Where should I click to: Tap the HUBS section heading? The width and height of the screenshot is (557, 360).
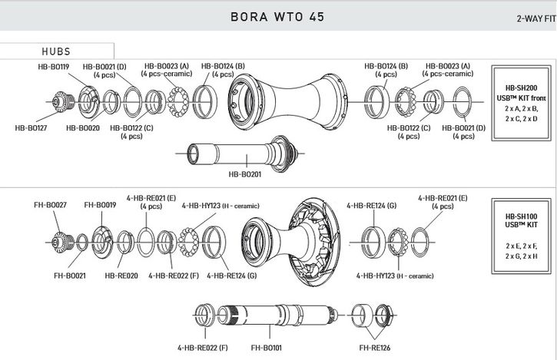tap(56, 51)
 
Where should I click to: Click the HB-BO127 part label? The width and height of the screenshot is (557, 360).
tap(31, 127)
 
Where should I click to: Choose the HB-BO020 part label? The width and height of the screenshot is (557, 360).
tap(84, 127)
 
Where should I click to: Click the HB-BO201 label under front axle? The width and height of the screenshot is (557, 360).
tap(245, 173)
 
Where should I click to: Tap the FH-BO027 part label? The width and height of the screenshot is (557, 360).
tap(50, 205)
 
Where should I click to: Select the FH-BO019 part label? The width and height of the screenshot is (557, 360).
tap(100, 205)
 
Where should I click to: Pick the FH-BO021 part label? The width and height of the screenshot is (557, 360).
tap(70, 275)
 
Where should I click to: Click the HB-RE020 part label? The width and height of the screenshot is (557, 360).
tap(121, 275)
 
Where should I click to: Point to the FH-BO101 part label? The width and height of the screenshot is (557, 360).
tap(267, 348)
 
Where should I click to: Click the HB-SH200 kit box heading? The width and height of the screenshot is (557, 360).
tap(521, 88)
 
